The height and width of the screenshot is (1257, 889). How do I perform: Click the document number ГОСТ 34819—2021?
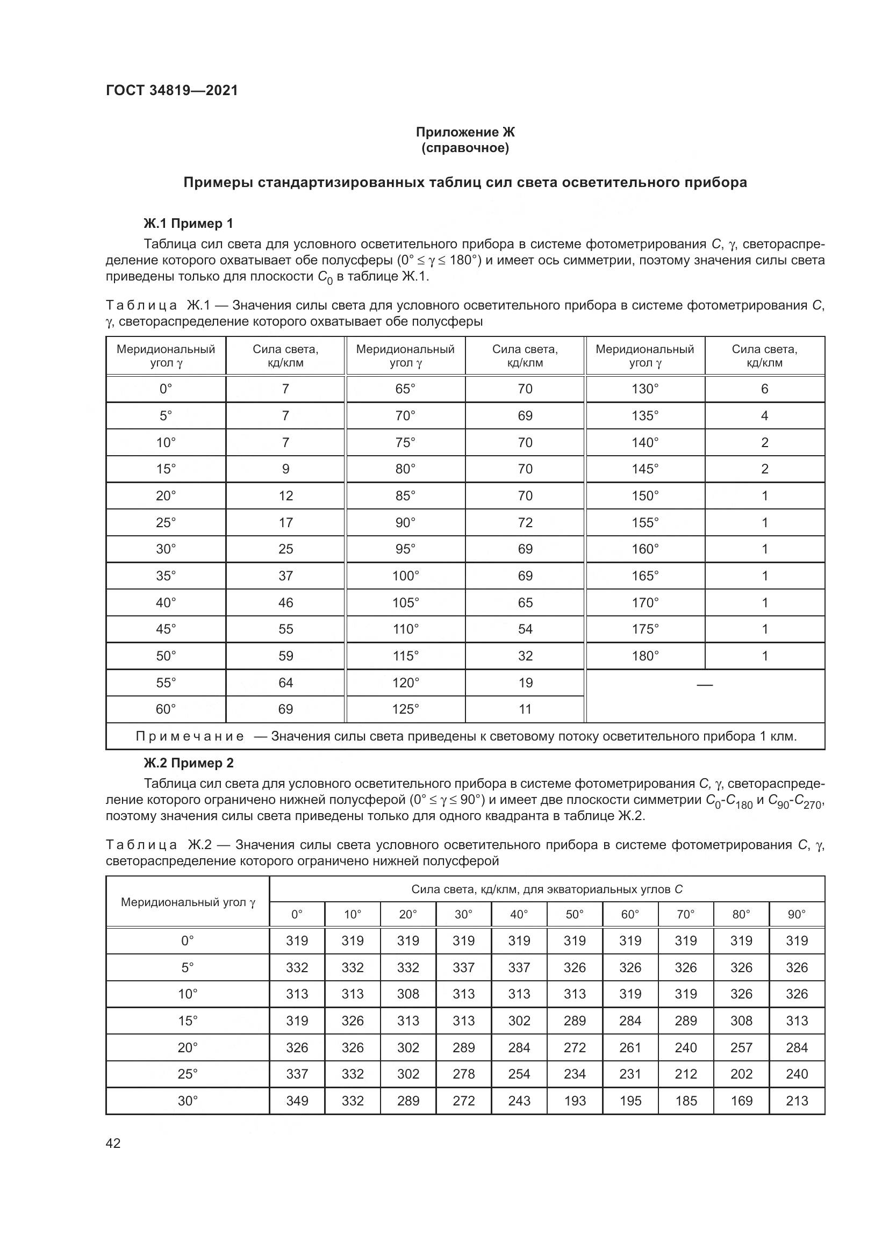pyautogui.click(x=172, y=90)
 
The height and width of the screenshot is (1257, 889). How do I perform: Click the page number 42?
pyautogui.click(x=113, y=1143)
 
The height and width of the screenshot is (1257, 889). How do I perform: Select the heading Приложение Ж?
pyautogui.click(x=465, y=132)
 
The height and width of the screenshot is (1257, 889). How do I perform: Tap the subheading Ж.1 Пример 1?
pyautogui.click(x=188, y=224)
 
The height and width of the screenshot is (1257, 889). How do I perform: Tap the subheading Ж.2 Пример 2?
pyautogui.click(x=188, y=763)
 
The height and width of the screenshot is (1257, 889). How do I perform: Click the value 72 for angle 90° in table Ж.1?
pyautogui.click(x=525, y=522)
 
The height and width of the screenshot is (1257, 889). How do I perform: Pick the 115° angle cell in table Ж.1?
pyautogui.click(x=405, y=656)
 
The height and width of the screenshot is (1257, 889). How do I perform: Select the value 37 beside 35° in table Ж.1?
pyautogui.click(x=286, y=576)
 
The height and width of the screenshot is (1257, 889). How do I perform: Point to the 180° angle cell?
pyautogui.click(x=645, y=656)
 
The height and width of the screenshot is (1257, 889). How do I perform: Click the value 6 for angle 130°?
pyautogui.click(x=764, y=389)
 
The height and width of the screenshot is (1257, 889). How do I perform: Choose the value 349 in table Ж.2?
pyautogui.click(x=297, y=1101)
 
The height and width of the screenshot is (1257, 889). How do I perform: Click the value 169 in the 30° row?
pyautogui.click(x=741, y=1101)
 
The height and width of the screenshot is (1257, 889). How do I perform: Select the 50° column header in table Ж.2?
pyautogui.click(x=574, y=914)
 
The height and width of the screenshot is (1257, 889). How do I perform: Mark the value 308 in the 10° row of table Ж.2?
pyautogui.click(x=408, y=994)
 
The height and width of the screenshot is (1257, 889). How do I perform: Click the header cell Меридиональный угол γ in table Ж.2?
pyautogui.click(x=188, y=902)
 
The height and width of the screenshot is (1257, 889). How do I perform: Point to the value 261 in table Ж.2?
pyautogui.click(x=630, y=1047)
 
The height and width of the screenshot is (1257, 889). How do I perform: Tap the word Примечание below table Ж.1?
pyautogui.click(x=189, y=736)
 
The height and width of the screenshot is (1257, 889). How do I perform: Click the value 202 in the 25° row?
pyautogui.click(x=741, y=1074)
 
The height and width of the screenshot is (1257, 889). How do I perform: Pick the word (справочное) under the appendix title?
pyautogui.click(x=465, y=148)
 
